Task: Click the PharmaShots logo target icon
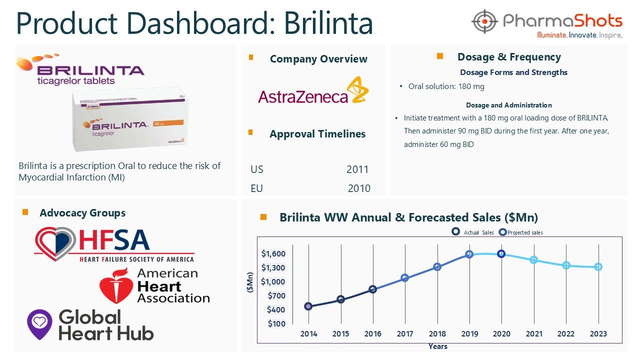(x=484, y=21)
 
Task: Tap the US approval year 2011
(x=357, y=169)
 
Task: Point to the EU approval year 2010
(x=359, y=188)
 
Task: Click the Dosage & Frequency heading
(x=509, y=57)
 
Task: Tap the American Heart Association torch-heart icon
(x=115, y=285)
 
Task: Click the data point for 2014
(x=308, y=306)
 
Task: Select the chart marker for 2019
(x=469, y=254)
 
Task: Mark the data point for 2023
(x=598, y=267)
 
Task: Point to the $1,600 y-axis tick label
(x=273, y=254)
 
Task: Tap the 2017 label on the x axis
(x=405, y=334)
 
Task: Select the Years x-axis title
(x=437, y=346)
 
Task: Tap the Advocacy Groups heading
(x=82, y=213)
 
